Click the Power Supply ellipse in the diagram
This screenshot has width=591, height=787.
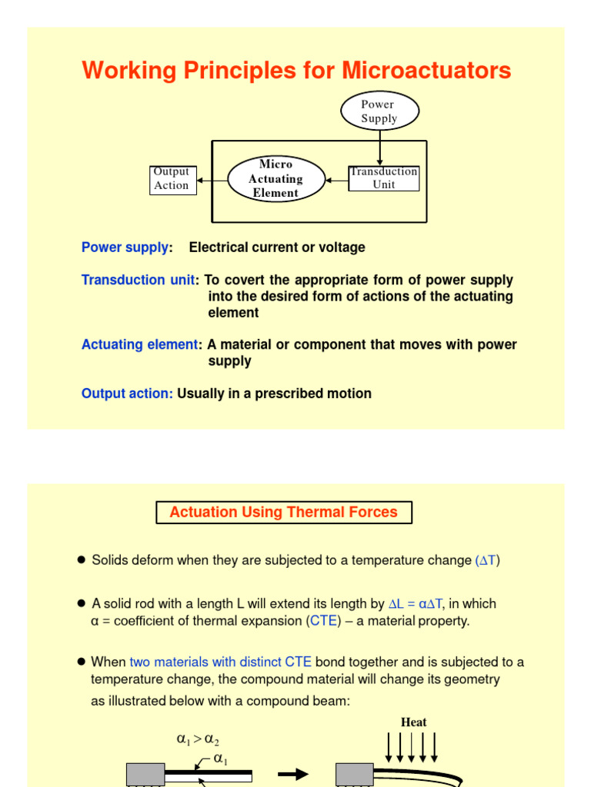pyautogui.click(x=379, y=111)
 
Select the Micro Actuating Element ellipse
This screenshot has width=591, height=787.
pyautogui.click(x=275, y=179)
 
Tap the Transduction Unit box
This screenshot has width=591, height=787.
pyautogui.click(x=384, y=178)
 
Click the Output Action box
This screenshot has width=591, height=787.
pyautogui.click(x=171, y=179)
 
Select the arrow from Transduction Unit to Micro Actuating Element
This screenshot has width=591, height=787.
pyautogui.click(x=336, y=180)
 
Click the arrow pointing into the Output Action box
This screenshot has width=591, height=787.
pyautogui.click(x=209, y=181)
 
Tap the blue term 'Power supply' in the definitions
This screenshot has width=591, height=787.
pyautogui.click(x=125, y=247)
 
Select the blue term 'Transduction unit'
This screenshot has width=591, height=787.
pyautogui.click(x=138, y=281)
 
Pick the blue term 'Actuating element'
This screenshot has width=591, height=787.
pyautogui.click(x=139, y=345)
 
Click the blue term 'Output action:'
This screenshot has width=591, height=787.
pyautogui.click(x=128, y=393)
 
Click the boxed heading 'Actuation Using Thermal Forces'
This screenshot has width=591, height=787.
pyautogui.click(x=284, y=513)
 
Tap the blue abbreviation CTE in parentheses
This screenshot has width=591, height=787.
pyautogui.click(x=324, y=621)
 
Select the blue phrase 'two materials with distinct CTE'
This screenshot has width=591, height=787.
pyautogui.click(x=221, y=662)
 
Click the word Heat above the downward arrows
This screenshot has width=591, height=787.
pyautogui.click(x=413, y=722)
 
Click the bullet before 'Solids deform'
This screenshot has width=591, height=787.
pyautogui.click(x=81, y=560)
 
